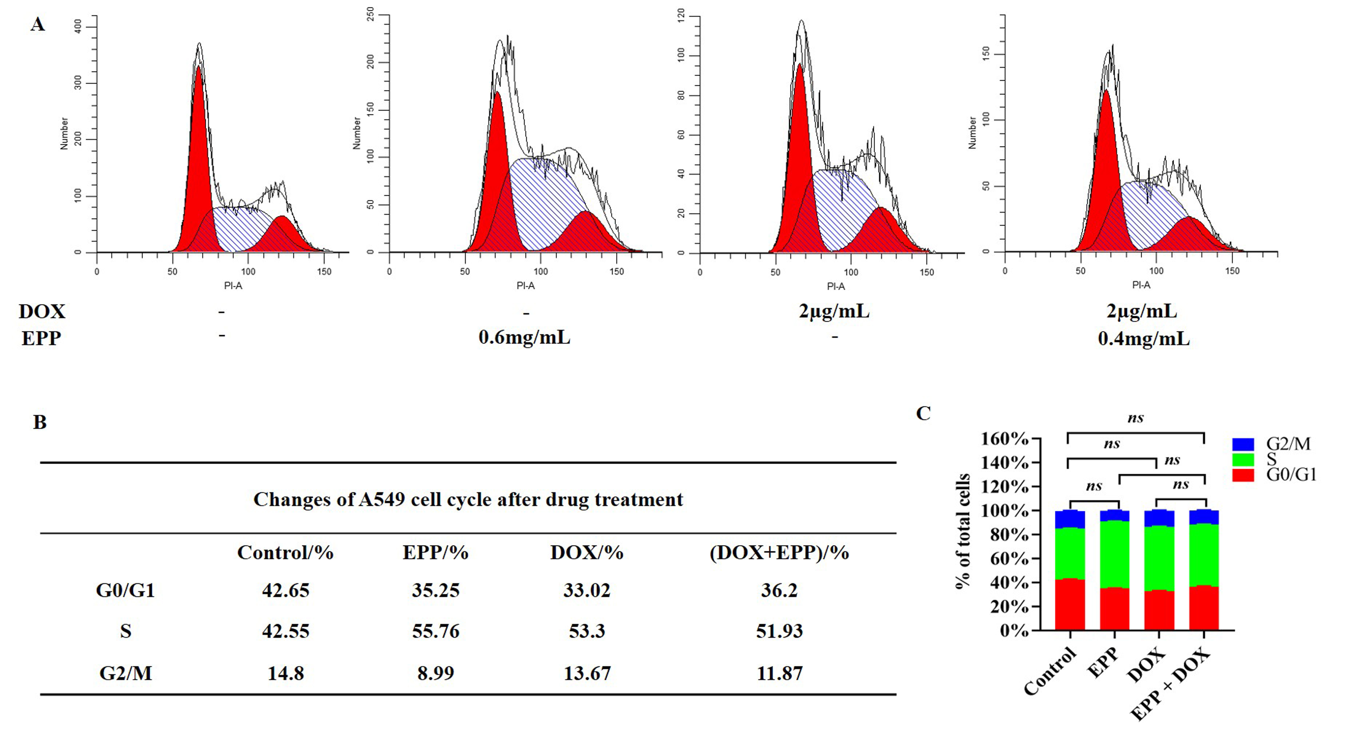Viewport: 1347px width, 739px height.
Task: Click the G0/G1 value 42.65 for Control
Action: [285, 590]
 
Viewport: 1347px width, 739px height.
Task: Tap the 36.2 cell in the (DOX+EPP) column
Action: [779, 590]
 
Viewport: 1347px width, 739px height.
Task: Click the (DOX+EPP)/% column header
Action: [779, 552]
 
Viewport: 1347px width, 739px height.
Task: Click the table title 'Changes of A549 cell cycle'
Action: [468, 500]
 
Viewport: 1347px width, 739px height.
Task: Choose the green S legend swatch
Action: [1243, 460]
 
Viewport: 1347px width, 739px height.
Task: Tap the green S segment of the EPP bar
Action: [1114, 554]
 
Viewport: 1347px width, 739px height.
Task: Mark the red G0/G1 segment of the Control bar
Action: [1070, 604]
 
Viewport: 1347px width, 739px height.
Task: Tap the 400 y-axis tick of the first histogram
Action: [78, 27]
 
